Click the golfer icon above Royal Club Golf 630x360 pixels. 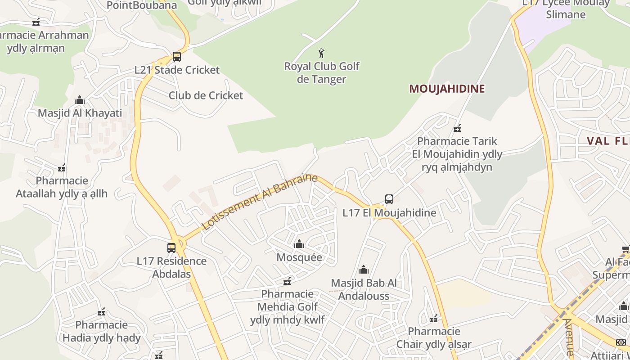321,54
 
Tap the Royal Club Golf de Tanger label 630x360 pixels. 322,72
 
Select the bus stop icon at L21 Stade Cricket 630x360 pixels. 177,57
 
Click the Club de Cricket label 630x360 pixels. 206,95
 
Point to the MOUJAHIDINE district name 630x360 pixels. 446,89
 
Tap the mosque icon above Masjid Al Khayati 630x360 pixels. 80,99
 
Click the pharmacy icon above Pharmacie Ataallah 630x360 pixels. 62,168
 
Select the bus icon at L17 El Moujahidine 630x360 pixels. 389,199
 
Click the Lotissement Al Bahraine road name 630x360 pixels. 260,202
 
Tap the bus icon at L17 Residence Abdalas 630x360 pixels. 171,247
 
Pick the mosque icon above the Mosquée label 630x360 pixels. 299,244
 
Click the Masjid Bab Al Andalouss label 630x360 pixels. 364,289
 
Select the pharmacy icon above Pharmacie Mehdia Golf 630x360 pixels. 287,282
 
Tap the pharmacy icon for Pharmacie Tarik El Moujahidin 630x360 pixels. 457,128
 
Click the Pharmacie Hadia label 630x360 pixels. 102,331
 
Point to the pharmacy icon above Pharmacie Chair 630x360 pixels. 434,319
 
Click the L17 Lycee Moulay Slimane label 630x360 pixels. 566,8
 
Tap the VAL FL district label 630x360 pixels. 607,141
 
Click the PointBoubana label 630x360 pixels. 142,5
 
